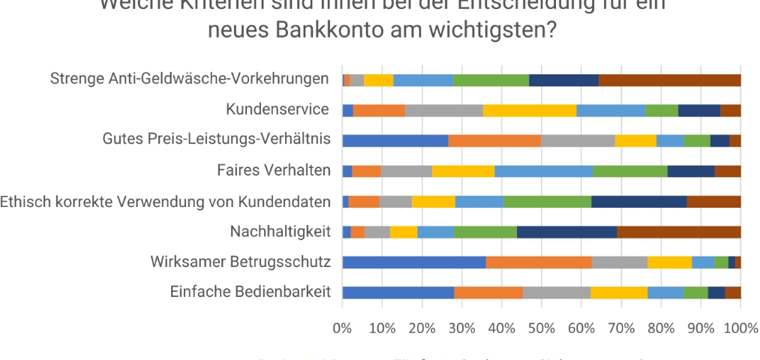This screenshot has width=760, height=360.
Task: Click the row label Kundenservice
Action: [278, 110]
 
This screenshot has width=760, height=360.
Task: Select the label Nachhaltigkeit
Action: [281, 232]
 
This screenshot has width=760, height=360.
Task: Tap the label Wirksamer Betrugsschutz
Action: [240, 262]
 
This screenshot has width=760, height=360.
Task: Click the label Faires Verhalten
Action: [273, 170]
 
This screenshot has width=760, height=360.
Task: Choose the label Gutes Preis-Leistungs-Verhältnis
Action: [217, 140]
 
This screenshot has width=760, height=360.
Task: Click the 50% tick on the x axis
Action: [541, 328]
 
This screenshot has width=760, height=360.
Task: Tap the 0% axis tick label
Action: [342, 328]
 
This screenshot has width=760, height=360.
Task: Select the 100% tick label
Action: [740, 328]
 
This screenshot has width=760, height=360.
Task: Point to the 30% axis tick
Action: [461, 328]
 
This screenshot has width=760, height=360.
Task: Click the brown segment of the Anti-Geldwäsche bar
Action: [670, 80]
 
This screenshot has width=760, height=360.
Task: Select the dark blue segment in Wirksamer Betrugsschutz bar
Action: [731, 262]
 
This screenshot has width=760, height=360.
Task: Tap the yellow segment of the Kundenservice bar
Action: [530, 110]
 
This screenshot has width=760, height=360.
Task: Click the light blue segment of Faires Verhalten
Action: [543, 170]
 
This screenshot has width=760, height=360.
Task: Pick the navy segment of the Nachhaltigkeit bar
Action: [566, 232]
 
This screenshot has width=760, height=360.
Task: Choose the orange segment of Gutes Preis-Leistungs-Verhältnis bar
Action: [494, 140]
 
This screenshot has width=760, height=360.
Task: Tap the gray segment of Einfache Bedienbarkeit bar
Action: [557, 292]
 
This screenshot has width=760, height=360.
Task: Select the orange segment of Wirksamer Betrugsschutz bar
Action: [539, 262]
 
